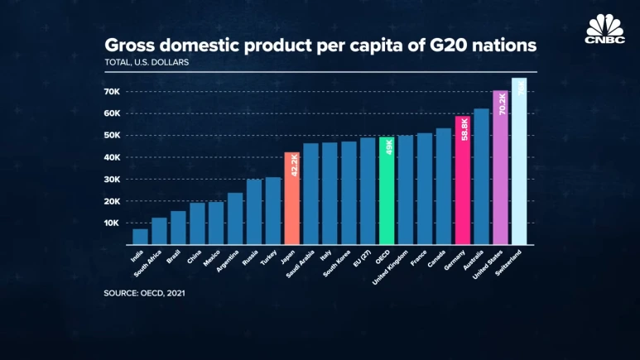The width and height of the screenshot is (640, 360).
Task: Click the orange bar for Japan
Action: tap(291, 199)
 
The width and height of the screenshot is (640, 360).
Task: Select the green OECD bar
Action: tap(386, 190)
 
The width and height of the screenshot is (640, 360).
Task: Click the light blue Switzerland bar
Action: tap(519, 161)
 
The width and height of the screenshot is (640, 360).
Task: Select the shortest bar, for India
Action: tap(140, 237)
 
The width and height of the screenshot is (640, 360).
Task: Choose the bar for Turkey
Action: tap(272, 211)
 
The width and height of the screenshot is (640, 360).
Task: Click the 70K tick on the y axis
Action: tap(113, 91)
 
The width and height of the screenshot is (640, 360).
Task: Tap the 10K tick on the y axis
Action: tap(113, 223)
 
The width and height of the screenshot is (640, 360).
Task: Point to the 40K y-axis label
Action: tap(113, 157)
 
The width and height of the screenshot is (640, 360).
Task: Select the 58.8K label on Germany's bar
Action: tap(463, 129)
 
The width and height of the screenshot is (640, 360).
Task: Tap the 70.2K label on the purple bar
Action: tap(501, 105)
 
